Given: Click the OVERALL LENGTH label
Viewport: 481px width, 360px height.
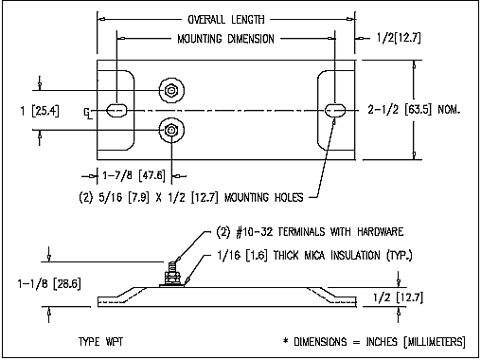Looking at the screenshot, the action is pyautogui.click(x=226, y=20).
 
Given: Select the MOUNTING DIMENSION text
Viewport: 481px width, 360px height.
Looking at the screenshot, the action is pyautogui.click(x=225, y=39).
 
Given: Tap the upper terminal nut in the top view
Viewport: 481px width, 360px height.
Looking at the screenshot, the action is pyautogui.click(x=171, y=91).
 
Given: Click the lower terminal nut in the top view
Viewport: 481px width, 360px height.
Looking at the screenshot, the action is pyautogui.click(x=171, y=130).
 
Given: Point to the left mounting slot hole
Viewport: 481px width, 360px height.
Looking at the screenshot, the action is pyautogui.click(x=116, y=111).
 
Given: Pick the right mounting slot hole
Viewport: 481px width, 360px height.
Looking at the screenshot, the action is pyautogui.click(x=335, y=111).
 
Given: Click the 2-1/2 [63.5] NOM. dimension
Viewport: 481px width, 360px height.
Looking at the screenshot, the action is pyautogui.click(x=414, y=110).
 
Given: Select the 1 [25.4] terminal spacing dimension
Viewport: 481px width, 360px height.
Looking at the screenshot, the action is pyautogui.click(x=40, y=111).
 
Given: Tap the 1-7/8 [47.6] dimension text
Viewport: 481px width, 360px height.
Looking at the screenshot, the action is pyautogui.click(x=134, y=175).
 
